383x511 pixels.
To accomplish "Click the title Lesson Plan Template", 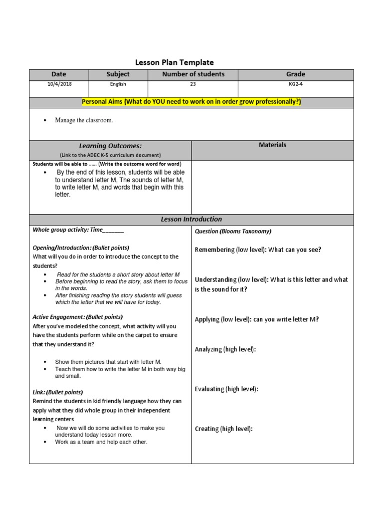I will click(x=175, y=62).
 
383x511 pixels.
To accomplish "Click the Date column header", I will click(x=58, y=74).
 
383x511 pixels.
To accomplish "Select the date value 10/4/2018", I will click(x=59, y=84).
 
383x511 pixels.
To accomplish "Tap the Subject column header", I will click(x=118, y=74).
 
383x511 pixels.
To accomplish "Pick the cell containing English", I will click(x=118, y=84).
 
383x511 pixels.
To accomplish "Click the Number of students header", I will click(x=193, y=74).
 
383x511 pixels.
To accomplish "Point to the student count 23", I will click(x=193, y=84).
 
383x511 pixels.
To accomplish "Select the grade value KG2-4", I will click(x=296, y=84).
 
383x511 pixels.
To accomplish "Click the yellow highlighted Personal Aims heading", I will click(x=191, y=102).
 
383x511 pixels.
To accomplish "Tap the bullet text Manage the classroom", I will click(x=84, y=120).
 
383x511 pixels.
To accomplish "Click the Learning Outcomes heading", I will click(x=110, y=146).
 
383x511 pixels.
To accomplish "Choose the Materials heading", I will click(x=272, y=145).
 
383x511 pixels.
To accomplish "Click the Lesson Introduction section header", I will click(x=191, y=219).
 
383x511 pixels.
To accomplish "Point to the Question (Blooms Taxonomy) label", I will click(x=233, y=231).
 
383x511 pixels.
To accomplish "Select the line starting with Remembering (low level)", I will click(x=258, y=250).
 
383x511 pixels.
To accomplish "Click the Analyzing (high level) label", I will click(x=225, y=349).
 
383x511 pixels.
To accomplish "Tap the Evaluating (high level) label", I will click(x=226, y=389).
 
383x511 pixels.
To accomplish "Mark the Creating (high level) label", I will click(x=224, y=429).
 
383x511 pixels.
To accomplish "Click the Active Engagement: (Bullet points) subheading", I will click(x=77, y=317).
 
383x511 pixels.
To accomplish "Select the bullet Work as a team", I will click(x=101, y=442).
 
